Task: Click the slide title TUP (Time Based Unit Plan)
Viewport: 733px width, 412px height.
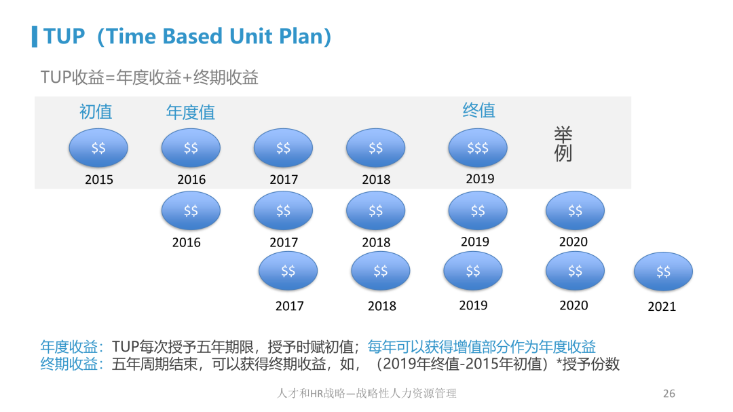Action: [187, 37]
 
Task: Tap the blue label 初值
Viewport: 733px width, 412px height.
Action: [96, 112]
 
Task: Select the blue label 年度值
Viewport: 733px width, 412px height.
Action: [191, 112]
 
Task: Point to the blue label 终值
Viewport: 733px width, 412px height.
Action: [478, 111]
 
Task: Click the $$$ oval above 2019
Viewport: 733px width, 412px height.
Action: [478, 148]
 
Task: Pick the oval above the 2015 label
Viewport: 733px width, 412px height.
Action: [98, 148]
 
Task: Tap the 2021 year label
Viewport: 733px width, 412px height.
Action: [662, 306]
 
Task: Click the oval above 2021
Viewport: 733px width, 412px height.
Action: [663, 271]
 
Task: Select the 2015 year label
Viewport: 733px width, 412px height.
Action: [98, 180]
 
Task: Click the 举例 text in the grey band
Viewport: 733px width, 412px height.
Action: [563, 144]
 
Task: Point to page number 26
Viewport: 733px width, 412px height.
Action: [669, 393]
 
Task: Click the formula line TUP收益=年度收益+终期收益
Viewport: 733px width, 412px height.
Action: [149, 77]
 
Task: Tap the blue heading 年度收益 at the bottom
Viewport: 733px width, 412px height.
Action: [69, 347]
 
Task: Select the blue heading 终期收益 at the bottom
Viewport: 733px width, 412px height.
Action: [69, 364]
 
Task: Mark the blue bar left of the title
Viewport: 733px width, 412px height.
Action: [35, 37]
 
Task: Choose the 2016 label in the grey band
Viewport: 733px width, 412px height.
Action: [191, 180]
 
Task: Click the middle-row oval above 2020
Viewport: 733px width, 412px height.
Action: [575, 210]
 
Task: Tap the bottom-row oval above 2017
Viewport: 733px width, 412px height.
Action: [288, 271]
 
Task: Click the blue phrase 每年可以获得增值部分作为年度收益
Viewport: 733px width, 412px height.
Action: [481, 347]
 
